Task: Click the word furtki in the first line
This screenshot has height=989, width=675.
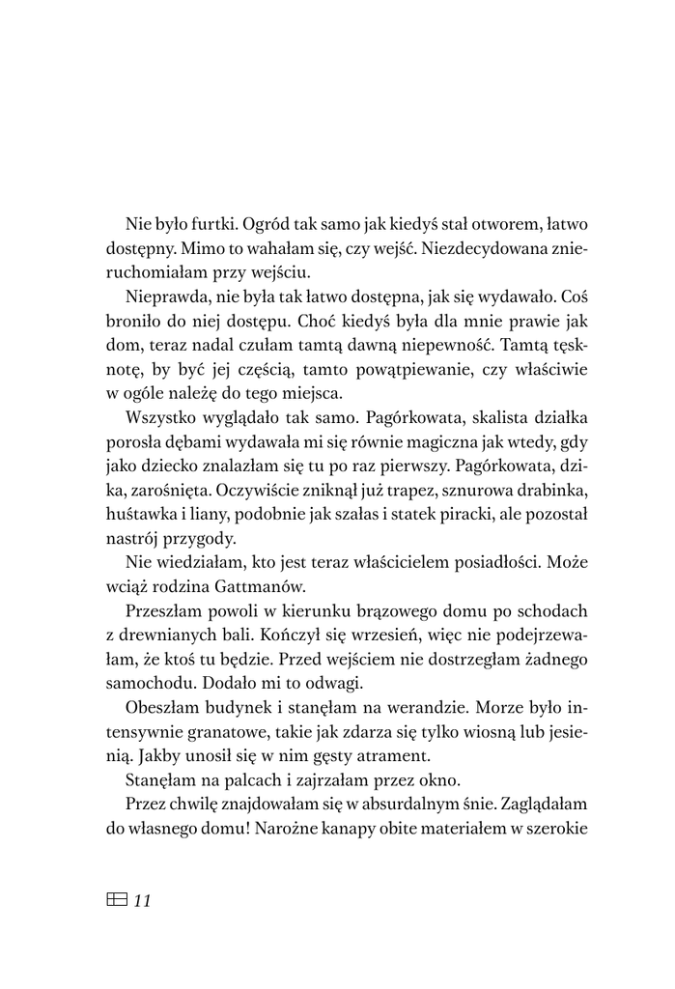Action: [x=216, y=223]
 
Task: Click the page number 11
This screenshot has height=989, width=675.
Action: [x=142, y=901]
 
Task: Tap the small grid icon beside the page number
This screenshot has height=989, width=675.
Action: [x=114, y=900]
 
